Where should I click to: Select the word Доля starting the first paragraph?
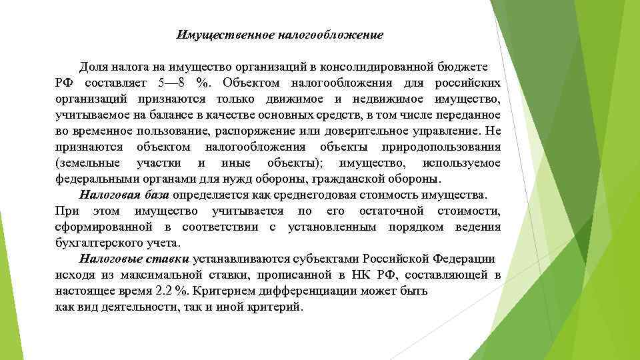click(x=93, y=67)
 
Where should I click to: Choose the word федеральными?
click(x=96, y=179)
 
